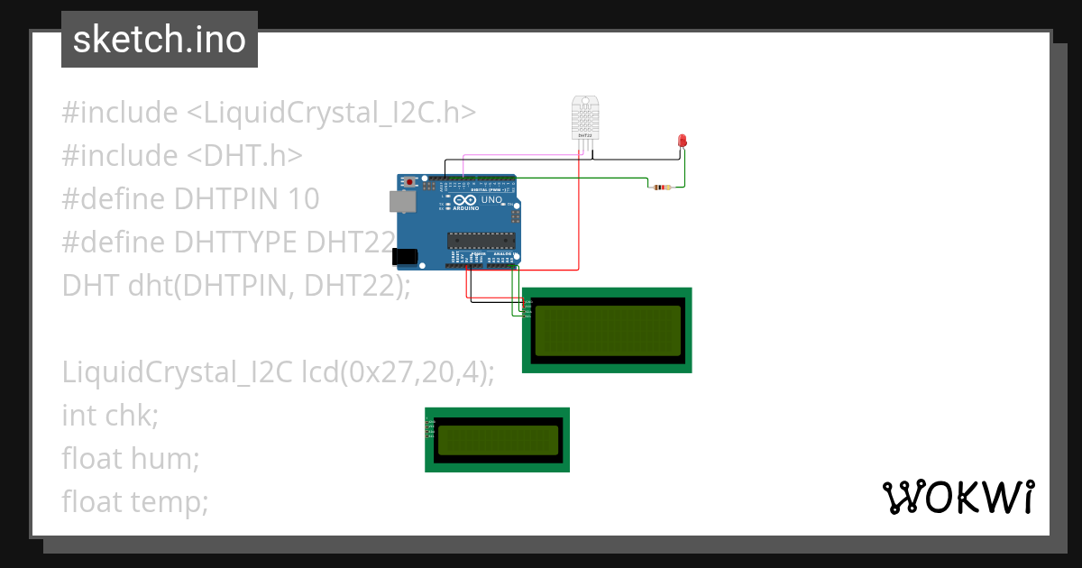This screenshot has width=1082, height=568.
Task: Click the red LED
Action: click(683, 141)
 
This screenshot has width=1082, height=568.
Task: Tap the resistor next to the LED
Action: click(664, 188)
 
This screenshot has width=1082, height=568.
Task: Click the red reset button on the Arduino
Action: click(411, 182)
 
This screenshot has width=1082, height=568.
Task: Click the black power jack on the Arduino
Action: click(407, 257)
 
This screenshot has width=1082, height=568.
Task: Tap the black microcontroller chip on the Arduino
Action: click(481, 239)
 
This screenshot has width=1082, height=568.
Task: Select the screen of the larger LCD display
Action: click(608, 330)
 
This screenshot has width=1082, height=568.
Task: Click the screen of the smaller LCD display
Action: click(498, 440)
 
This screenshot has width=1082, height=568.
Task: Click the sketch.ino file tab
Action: click(160, 40)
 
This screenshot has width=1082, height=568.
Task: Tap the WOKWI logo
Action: click(958, 497)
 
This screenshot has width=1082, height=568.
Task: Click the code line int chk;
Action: click(110, 415)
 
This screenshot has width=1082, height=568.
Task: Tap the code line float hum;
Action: click(130, 458)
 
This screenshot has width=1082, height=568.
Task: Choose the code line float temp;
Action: click(135, 501)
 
